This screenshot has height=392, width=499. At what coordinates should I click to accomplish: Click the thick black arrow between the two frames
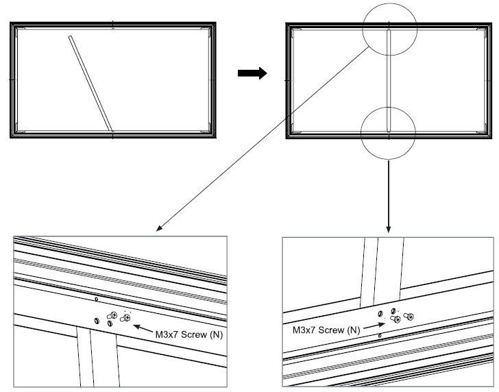pyautogui.click(x=252, y=74)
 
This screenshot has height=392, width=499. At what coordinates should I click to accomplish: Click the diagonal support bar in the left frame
pyautogui.click(x=90, y=83)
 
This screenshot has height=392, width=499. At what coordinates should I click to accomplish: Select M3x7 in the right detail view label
pyautogui.click(x=306, y=330)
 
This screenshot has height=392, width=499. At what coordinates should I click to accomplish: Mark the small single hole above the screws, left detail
pyautogui.click(x=97, y=299)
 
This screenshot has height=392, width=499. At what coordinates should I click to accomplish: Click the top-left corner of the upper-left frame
pyautogui.click(x=12, y=25)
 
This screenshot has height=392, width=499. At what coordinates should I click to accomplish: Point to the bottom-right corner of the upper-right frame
pyautogui.click(x=491, y=136)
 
